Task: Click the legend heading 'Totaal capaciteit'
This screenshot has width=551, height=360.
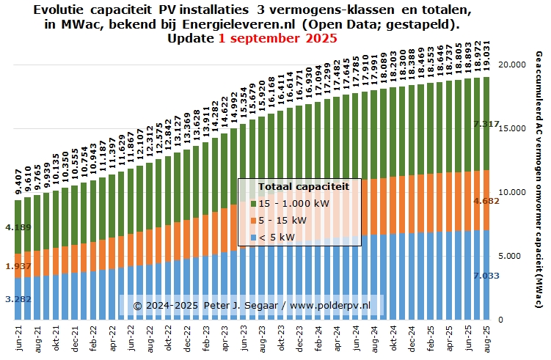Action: click(x=299, y=187)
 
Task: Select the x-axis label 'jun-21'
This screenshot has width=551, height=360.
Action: click(x=18, y=339)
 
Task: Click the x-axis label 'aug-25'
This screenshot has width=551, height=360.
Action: click(x=486, y=339)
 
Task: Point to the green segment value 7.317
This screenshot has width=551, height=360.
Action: click(x=487, y=125)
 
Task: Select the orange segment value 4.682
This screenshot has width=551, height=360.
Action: click(x=487, y=201)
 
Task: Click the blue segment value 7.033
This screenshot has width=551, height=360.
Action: click(x=487, y=275)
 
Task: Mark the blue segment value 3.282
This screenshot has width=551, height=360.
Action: click(x=18, y=299)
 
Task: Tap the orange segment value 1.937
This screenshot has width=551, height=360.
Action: click(x=18, y=265)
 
